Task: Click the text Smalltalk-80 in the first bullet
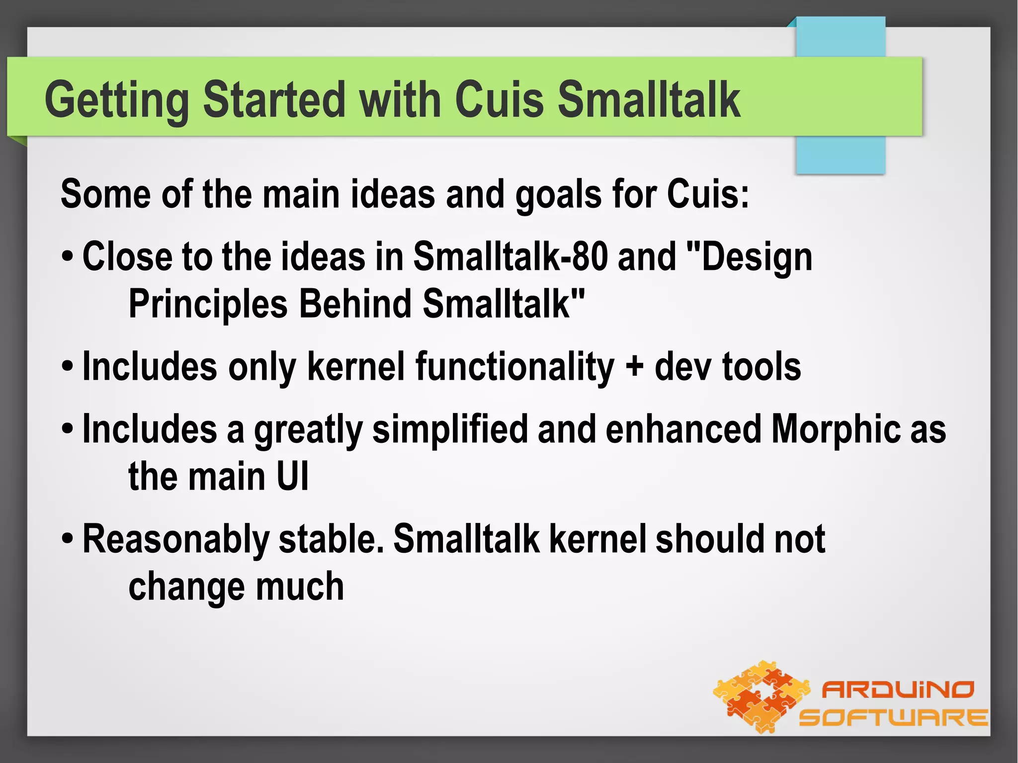coord(510,257)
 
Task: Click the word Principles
coord(208,304)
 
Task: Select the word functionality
coord(514,367)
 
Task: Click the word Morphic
coord(835,429)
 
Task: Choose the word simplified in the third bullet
coord(450,429)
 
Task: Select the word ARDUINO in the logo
coord(898,689)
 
